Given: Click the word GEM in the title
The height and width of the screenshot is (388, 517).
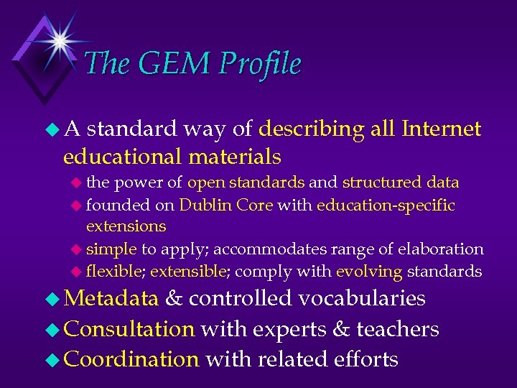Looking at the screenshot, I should (x=169, y=64).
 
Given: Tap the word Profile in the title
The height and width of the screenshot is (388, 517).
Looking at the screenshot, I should (x=260, y=64).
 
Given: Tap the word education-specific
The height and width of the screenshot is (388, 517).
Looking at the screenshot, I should (x=386, y=205).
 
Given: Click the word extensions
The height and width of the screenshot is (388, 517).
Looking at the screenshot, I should (x=126, y=226).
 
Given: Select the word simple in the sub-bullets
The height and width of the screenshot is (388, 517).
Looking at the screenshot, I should (x=111, y=249).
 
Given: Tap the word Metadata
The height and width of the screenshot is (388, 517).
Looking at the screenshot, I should (x=111, y=298).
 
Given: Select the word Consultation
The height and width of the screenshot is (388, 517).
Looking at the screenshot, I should (x=129, y=329).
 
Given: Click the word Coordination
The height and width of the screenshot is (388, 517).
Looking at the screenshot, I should (x=131, y=359).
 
